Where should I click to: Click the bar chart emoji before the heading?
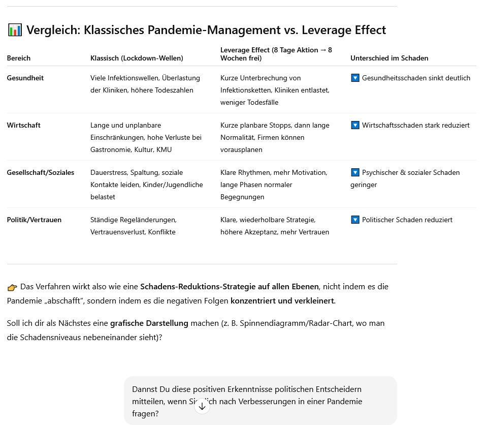click(x=15, y=31)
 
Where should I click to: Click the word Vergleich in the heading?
click(x=53, y=31)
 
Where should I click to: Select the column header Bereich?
click(x=19, y=58)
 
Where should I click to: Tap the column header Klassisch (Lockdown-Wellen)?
click(x=137, y=58)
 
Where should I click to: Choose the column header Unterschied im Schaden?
click(x=389, y=58)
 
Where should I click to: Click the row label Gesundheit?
click(x=25, y=78)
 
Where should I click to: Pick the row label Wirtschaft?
click(x=23, y=125)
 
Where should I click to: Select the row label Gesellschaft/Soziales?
click(x=41, y=172)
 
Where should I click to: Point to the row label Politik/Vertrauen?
click(x=34, y=220)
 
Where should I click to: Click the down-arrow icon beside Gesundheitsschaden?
click(x=355, y=78)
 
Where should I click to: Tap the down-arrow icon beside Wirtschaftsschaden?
click(x=355, y=125)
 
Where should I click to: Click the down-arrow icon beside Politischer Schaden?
click(x=355, y=220)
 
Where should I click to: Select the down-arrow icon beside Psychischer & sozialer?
click(x=355, y=172)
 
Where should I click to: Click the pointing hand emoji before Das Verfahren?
click(x=12, y=287)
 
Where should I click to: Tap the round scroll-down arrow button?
click(x=202, y=406)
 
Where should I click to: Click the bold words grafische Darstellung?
click(x=149, y=323)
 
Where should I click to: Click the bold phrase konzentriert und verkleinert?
click(x=282, y=300)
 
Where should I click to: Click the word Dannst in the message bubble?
click(x=145, y=389)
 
